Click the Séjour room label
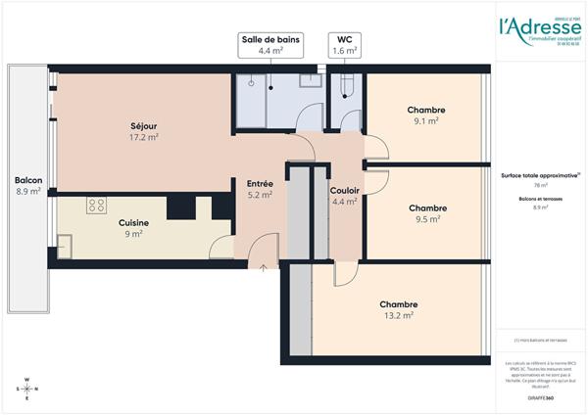click(144, 125)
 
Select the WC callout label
click(344, 45)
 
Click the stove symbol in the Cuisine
click(96, 205)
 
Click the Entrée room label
click(260, 183)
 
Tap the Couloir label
click(344, 190)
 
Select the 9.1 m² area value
click(426, 122)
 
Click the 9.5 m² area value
click(427, 219)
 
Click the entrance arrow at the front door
click(263, 266)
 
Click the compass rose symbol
click(27, 390)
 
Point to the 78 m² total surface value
click(540, 184)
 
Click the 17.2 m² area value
click(144, 138)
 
